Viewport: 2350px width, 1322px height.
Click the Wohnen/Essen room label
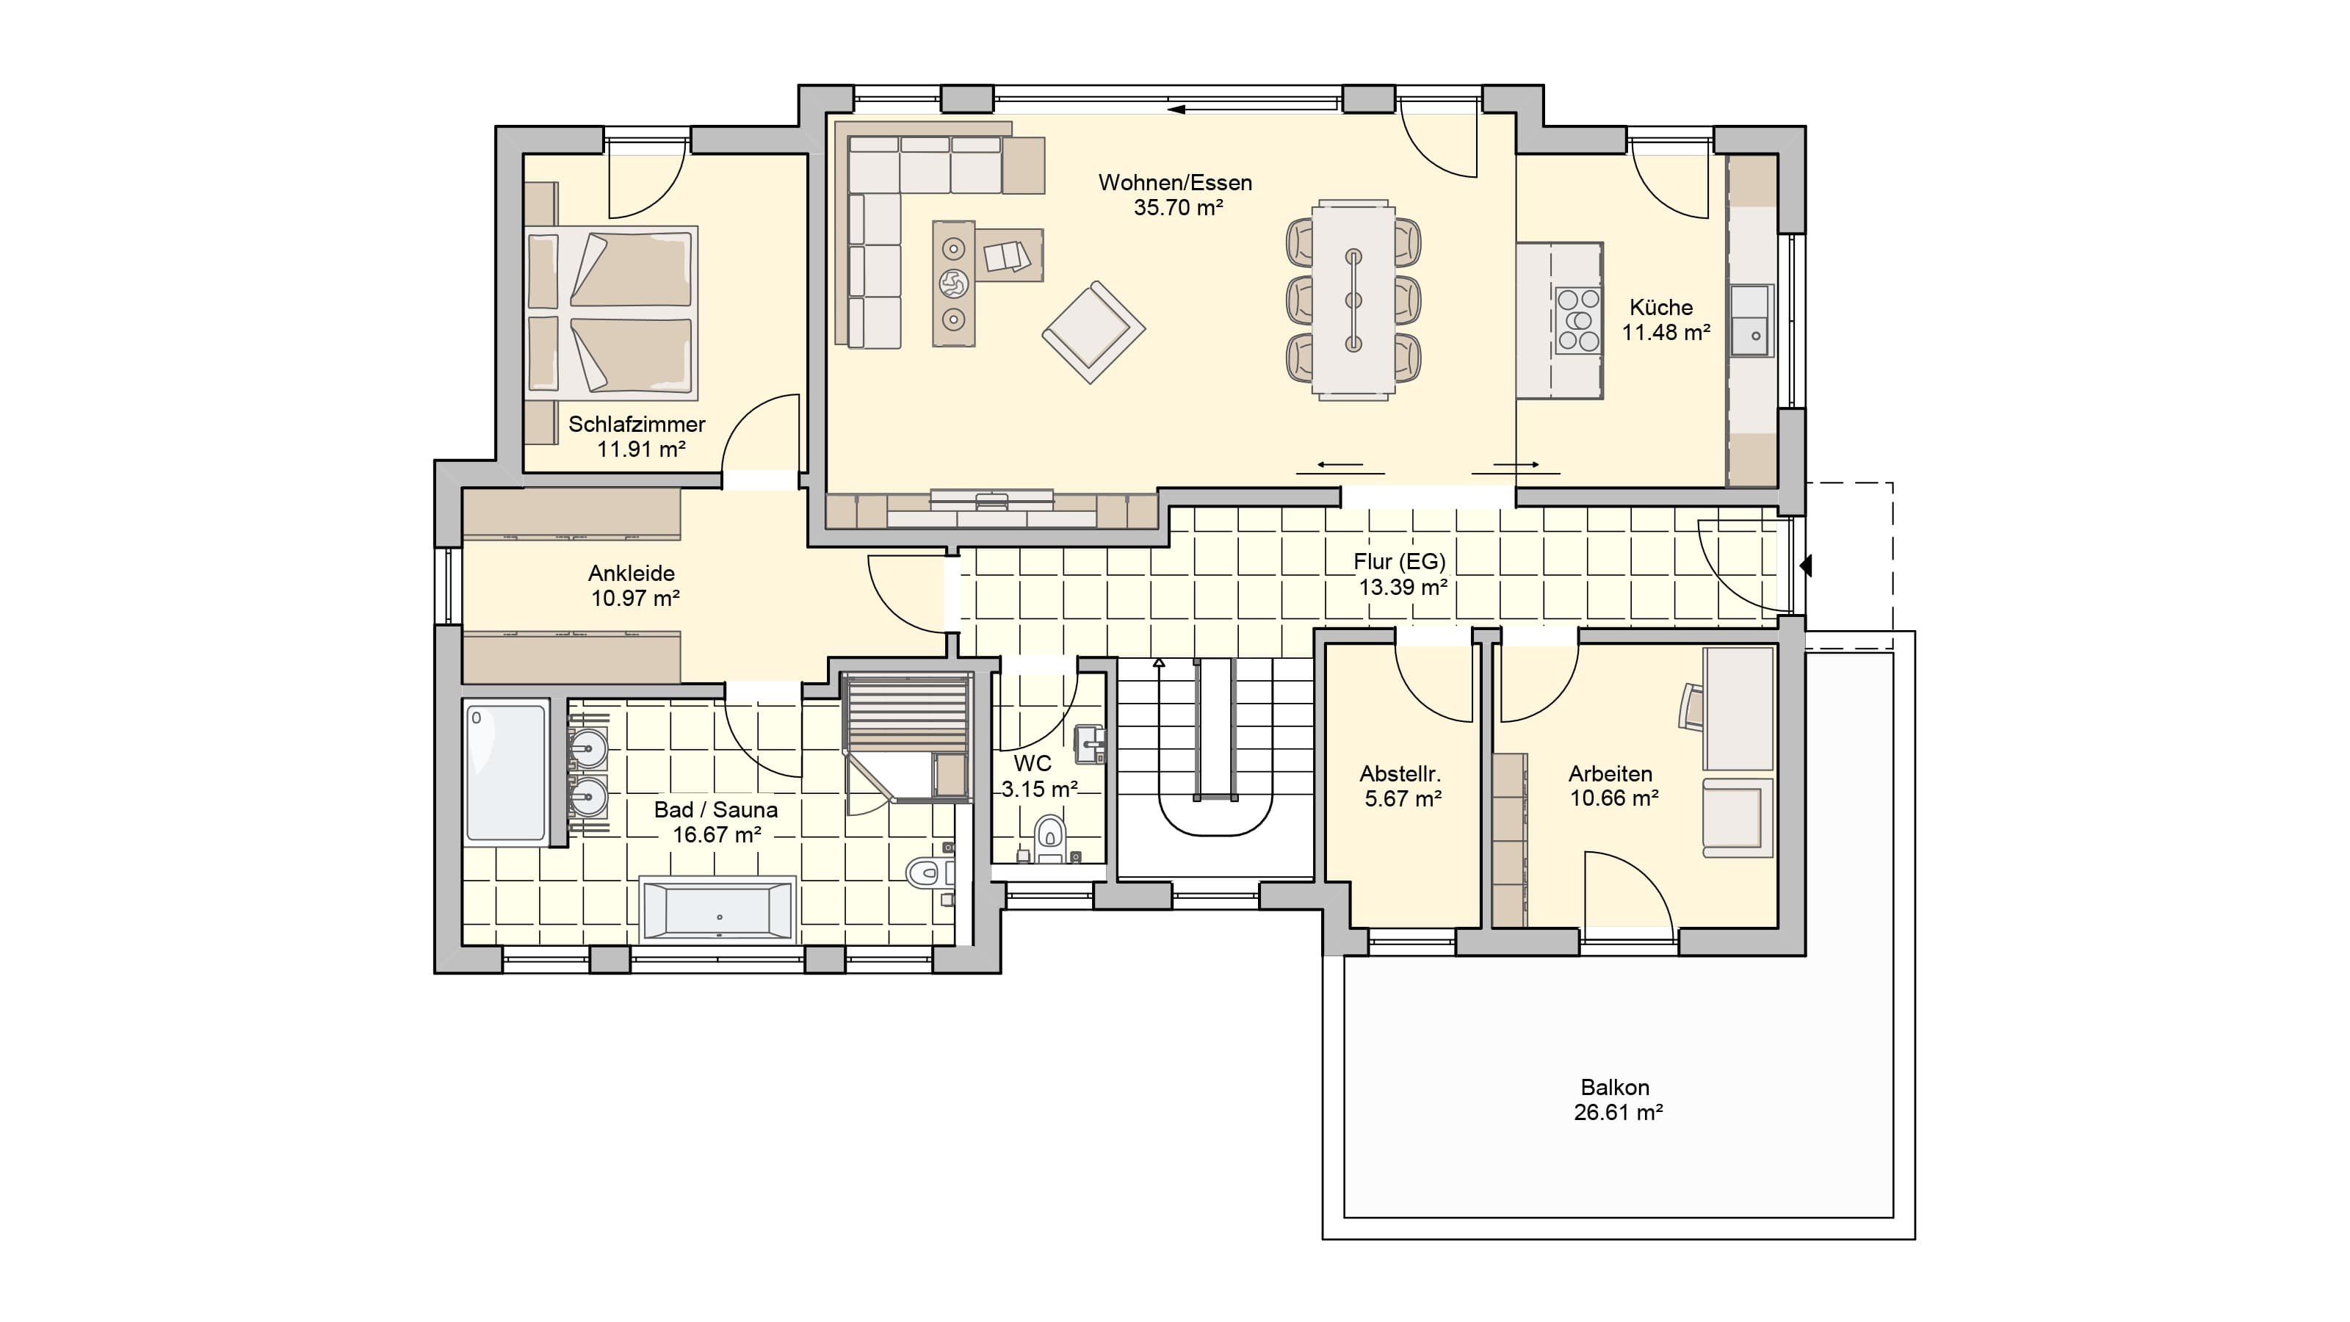click(x=1175, y=182)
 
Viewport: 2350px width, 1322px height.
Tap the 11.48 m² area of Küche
click(x=1665, y=333)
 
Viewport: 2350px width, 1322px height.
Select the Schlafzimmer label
click(x=637, y=425)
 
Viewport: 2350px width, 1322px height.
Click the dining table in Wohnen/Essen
click(x=1353, y=299)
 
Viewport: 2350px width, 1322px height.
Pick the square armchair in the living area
click(x=1093, y=332)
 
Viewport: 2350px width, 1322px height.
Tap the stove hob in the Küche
click(x=1578, y=319)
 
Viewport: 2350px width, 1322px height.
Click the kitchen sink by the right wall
click(x=1751, y=320)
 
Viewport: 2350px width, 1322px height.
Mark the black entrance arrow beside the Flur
click(x=1804, y=566)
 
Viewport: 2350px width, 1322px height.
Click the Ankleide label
click(x=632, y=574)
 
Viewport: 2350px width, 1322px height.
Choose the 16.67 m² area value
click(x=716, y=835)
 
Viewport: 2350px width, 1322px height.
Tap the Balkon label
click(x=1615, y=1088)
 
